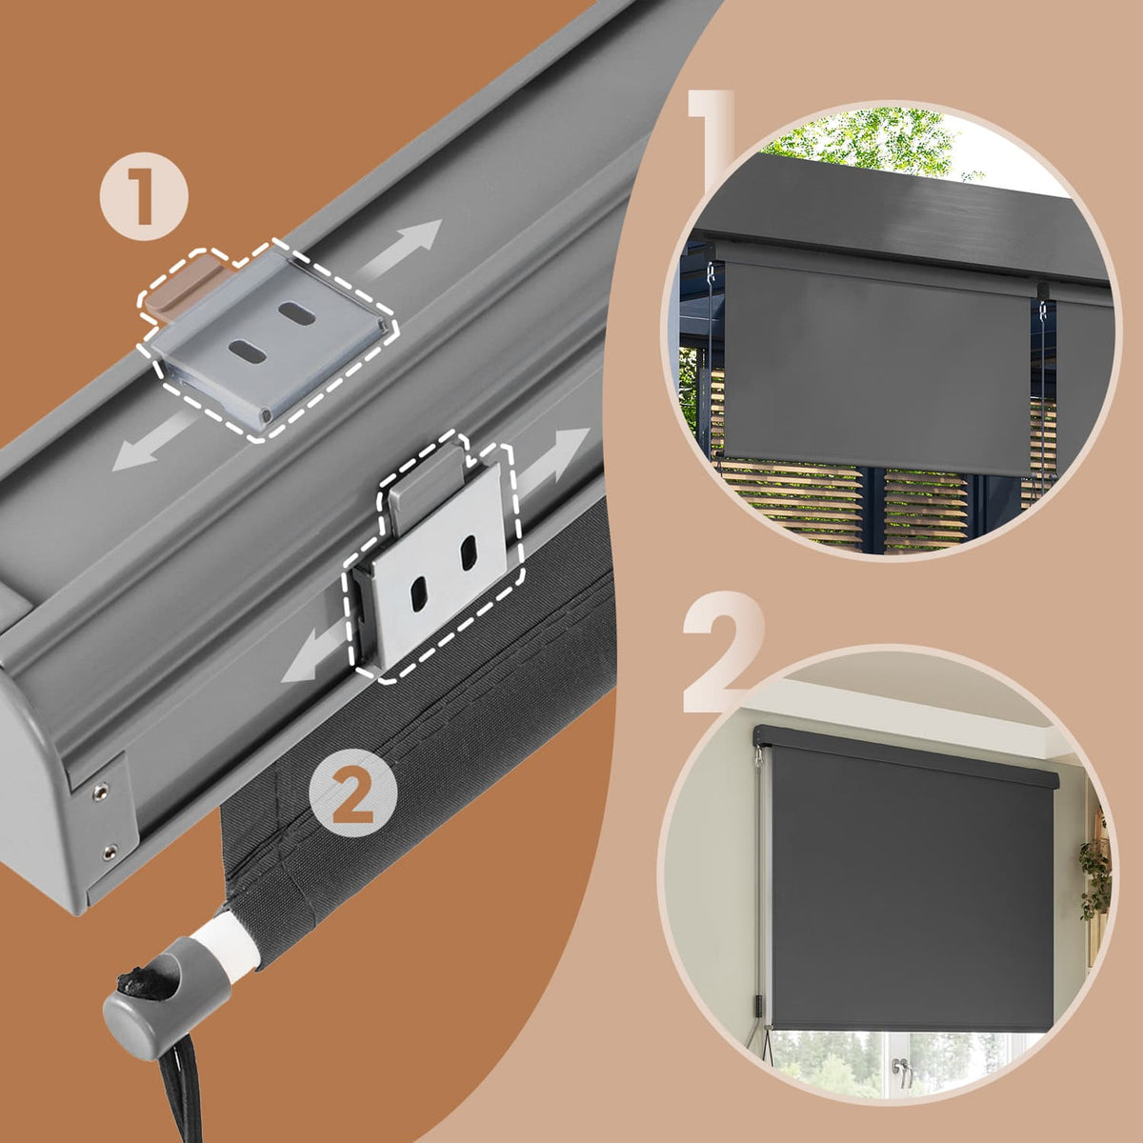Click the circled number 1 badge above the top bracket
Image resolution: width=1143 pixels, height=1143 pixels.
[x=144, y=196]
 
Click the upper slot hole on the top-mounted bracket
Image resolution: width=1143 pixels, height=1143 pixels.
[x=297, y=312]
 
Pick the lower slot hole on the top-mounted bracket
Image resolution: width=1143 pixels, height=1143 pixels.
[x=248, y=350]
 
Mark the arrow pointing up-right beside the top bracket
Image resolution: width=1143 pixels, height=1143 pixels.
[x=402, y=247]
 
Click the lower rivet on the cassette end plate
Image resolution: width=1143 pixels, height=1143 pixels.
[x=110, y=852]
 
